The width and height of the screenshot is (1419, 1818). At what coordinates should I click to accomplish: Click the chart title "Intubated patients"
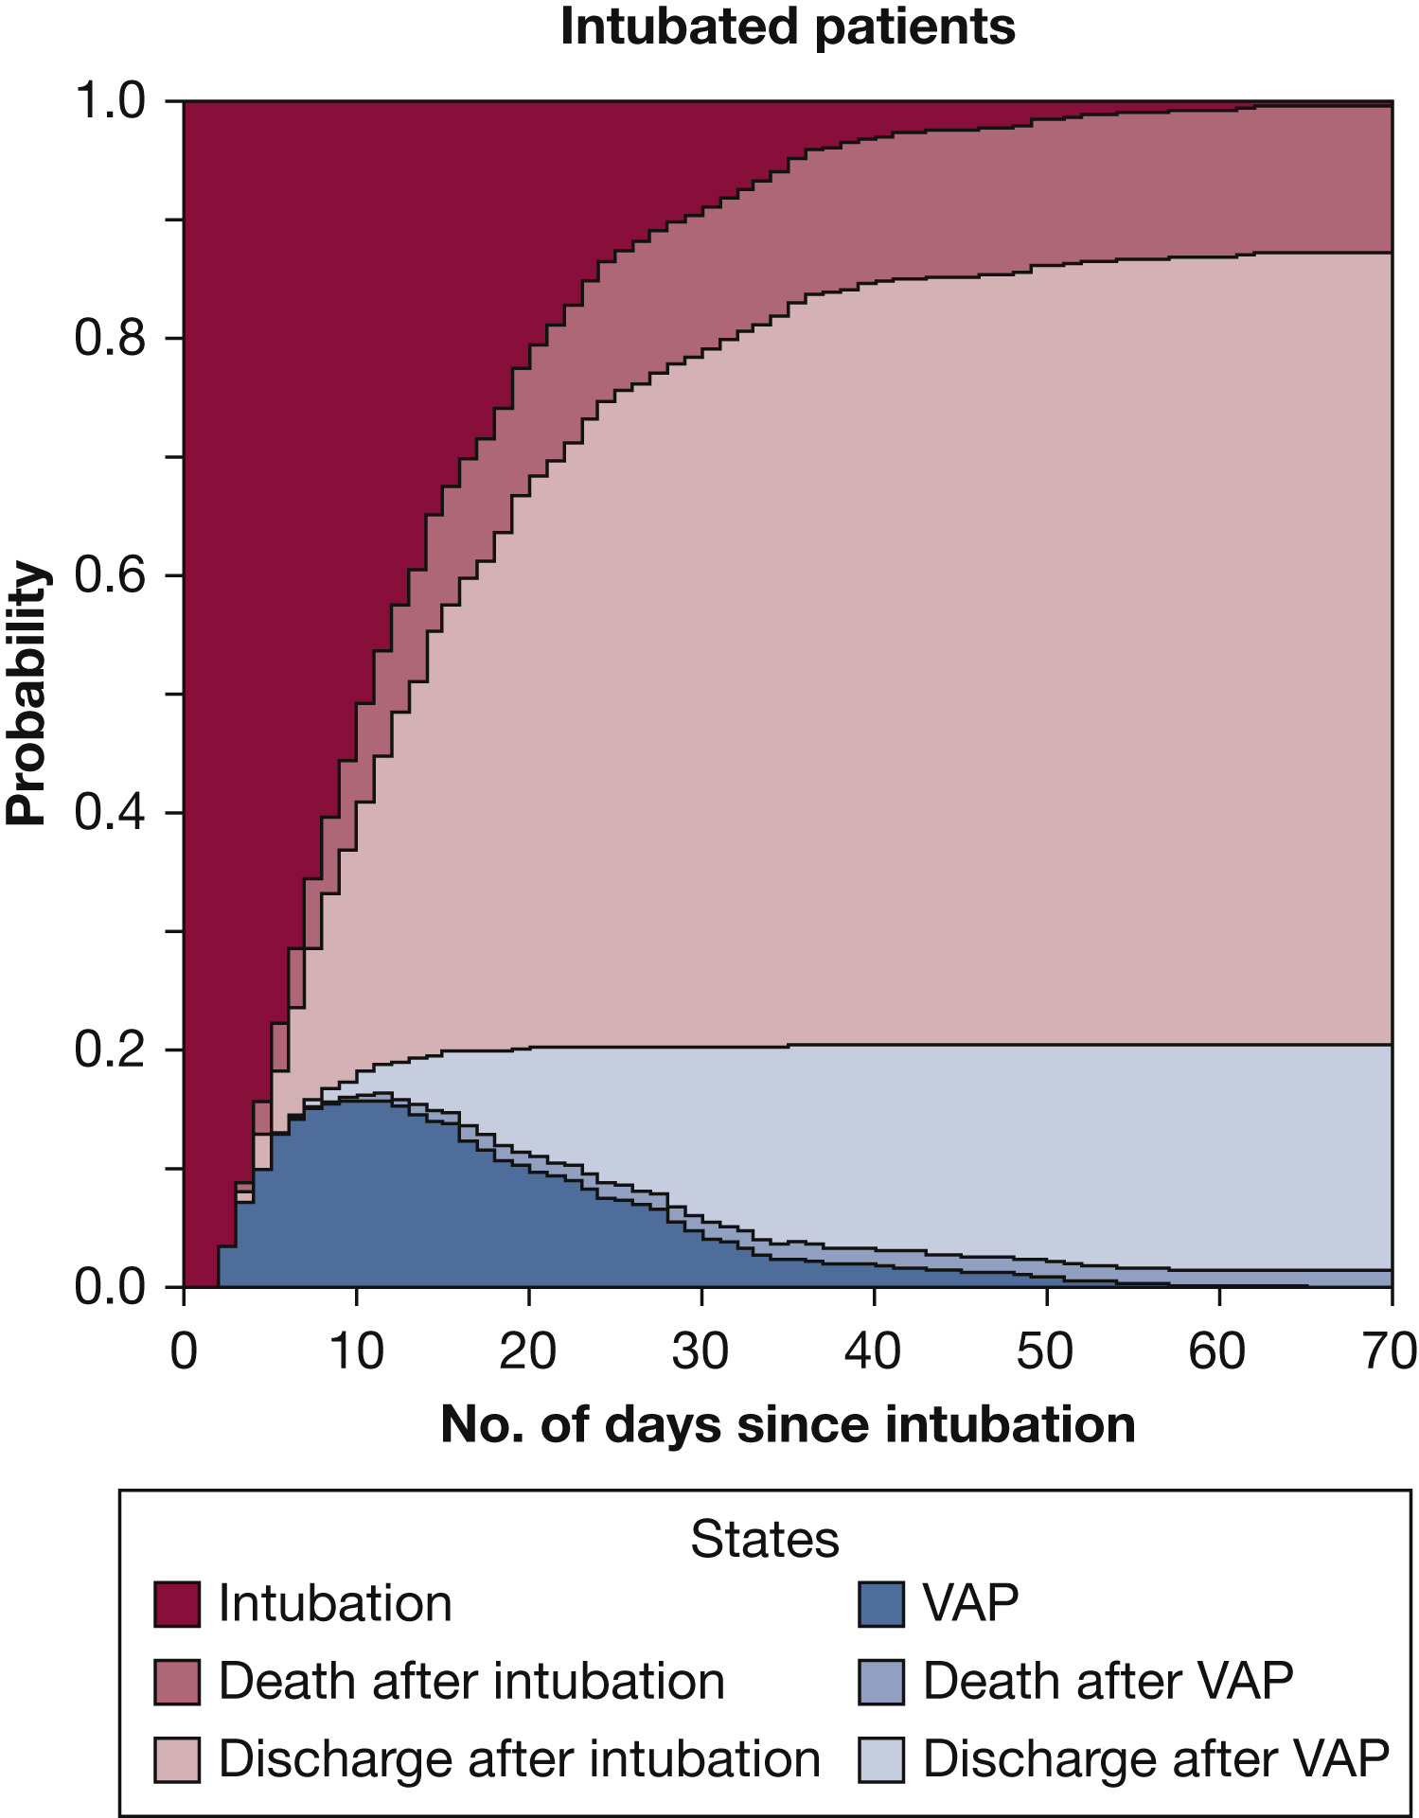click(788, 26)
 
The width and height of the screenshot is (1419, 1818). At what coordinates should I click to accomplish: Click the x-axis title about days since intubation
click(788, 1424)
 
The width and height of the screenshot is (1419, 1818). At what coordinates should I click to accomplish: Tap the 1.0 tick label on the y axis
click(110, 101)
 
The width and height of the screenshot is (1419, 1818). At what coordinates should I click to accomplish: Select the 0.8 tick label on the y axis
click(110, 339)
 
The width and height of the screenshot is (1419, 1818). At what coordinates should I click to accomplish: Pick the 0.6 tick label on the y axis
click(110, 575)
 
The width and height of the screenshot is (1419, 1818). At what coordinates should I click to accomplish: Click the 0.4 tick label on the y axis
click(110, 813)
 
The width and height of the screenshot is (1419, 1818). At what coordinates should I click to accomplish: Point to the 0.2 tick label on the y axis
click(110, 1050)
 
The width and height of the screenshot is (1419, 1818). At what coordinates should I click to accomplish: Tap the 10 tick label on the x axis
click(356, 1351)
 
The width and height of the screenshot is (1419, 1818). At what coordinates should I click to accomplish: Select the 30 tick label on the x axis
click(701, 1351)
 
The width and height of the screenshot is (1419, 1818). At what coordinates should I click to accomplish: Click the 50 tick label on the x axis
click(1045, 1351)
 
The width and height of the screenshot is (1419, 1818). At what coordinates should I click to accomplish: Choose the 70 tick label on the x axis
click(1389, 1351)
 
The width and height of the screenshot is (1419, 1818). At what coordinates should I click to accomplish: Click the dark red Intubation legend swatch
click(177, 1604)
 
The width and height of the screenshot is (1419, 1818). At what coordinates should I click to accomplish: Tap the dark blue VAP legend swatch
click(881, 1604)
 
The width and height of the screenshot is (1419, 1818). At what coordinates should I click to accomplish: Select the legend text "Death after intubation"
click(471, 1682)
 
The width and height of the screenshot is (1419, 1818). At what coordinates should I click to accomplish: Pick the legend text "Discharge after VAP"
click(1156, 1759)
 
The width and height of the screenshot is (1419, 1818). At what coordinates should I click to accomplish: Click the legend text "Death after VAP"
click(1108, 1682)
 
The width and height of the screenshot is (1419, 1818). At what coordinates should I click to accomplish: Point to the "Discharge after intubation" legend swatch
click(177, 1759)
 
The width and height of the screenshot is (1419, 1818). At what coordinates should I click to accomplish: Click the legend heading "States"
click(764, 1540)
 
